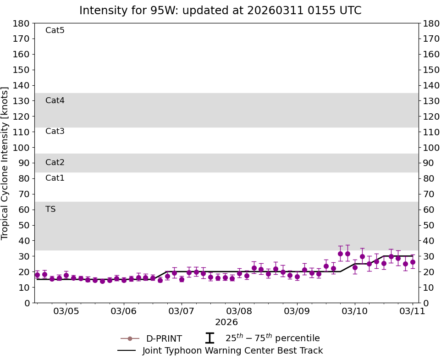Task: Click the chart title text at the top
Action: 220,11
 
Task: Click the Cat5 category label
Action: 55,31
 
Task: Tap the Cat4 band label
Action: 55,100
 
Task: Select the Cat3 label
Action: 55,132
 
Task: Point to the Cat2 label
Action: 55,162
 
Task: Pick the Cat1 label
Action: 55,178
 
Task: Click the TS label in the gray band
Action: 50,209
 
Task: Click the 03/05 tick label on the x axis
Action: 66,312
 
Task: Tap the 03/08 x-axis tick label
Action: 239,312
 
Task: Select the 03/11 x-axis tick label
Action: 413,312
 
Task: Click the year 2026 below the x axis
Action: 226,322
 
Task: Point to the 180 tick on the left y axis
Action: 22,23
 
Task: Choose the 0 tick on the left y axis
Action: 27,303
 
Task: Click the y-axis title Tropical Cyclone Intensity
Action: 6,163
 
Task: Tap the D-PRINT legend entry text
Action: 164,339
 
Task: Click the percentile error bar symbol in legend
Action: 209,338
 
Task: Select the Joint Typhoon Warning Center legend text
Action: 232,351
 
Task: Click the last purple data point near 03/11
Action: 413,262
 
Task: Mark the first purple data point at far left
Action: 37,275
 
